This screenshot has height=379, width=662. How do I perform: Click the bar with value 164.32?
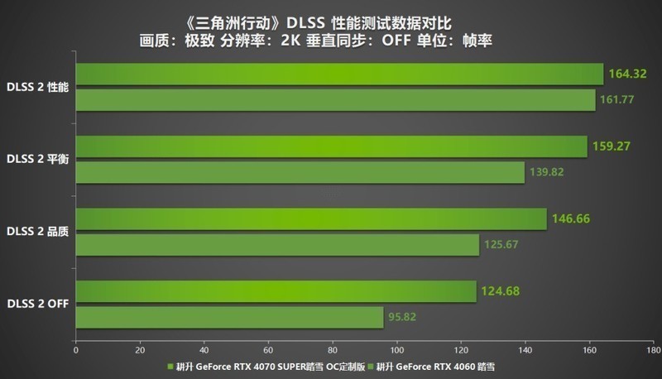click(339, 74)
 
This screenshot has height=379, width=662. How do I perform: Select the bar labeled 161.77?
click(335, 100)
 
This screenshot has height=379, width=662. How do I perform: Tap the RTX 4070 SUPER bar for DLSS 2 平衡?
click(331, 146)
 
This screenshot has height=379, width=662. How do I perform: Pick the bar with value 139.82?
click(300, 172)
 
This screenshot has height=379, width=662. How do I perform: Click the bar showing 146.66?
click(311, 218)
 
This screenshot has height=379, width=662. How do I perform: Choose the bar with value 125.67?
click(277, 245)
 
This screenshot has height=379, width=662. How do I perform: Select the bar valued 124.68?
click(276, 291)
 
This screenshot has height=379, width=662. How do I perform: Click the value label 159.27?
click(612, 146)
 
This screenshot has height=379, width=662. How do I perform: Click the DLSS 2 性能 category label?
click(37, 86)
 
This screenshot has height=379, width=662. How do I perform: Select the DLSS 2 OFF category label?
click(37, 304)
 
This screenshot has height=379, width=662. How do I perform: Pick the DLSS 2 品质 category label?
click(37, 232)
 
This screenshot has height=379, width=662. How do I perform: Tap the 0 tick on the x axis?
click(76, 348)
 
